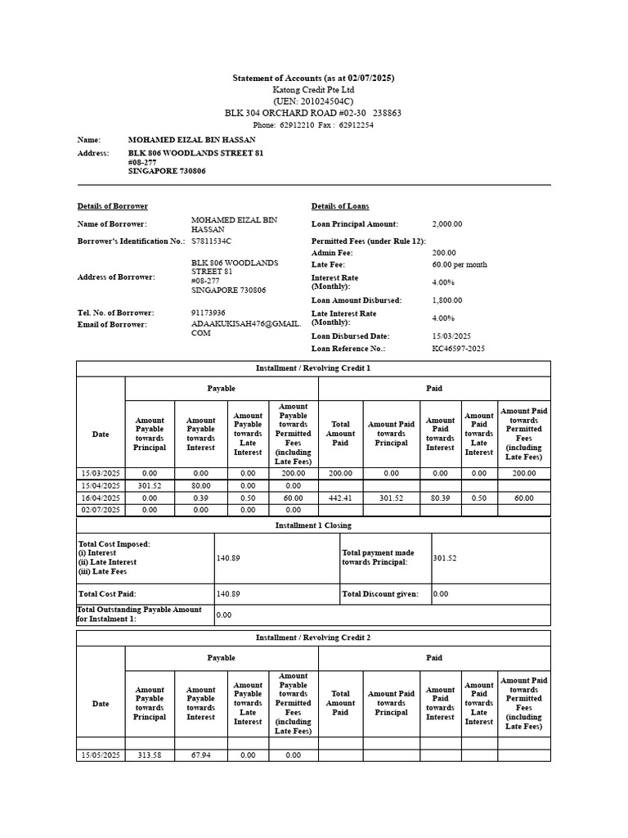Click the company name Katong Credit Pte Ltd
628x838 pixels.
click(x=313, y=89)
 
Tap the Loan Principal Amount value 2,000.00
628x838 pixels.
click(x=447, y=224)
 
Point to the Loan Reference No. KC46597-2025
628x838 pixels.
click(x=458, y=349)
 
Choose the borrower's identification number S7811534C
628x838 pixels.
click(x=211, y=241)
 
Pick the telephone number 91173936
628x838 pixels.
click(x=209, y=313)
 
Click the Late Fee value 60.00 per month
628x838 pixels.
click(x=460, y=265)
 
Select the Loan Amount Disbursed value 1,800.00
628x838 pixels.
click(x=447, y=300)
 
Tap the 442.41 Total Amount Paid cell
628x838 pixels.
click(x=340, y=498)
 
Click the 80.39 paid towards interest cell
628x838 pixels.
click(x=440, y=498)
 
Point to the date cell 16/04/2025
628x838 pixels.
click(x=101, y=498)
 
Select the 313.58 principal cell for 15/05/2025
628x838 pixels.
click(x=150, y=755)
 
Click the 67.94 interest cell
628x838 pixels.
click(x=200, y=755)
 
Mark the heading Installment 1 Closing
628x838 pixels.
click(x=313, y=526)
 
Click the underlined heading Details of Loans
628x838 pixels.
click(x=339, y=206)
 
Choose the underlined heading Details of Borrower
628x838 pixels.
click(x=113, y=206)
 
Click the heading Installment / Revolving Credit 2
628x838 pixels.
click(x=313, y=638)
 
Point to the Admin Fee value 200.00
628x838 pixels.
click(x=444, y=254)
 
